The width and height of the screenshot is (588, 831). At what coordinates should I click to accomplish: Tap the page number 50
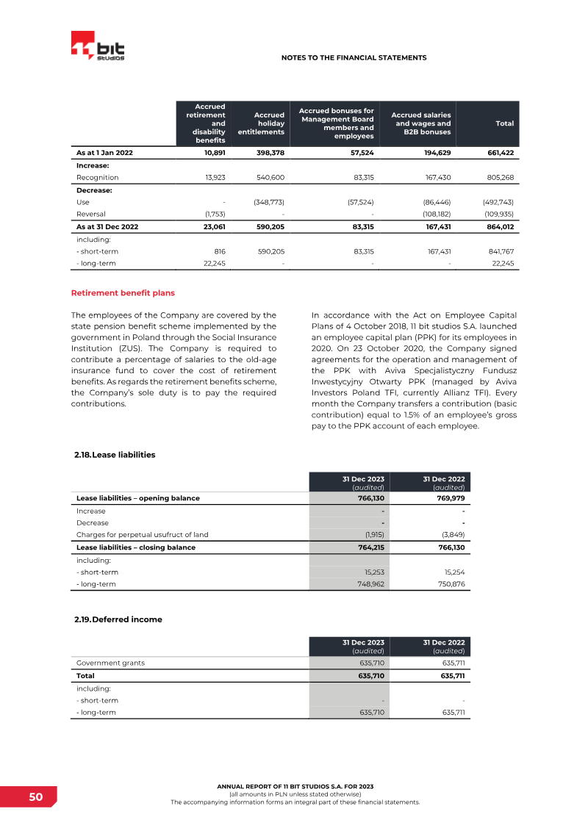tap(36, 797)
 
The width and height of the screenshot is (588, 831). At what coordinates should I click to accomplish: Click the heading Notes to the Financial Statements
tap(354, 57)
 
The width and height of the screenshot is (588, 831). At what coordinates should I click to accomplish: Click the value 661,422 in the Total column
tap(500, 153)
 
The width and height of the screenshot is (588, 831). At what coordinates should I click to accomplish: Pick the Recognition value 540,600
tap(269, 178)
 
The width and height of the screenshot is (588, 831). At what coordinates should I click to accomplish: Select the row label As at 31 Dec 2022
tap(107, 227)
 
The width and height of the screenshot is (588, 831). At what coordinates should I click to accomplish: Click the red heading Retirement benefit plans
tap(123, 293)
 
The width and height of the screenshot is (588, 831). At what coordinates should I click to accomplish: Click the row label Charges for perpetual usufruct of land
tap(147, 534)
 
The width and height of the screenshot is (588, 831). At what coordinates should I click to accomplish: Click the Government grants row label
tap(110, 663)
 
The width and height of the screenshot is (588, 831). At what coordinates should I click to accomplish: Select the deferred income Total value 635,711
tap(449, 676)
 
